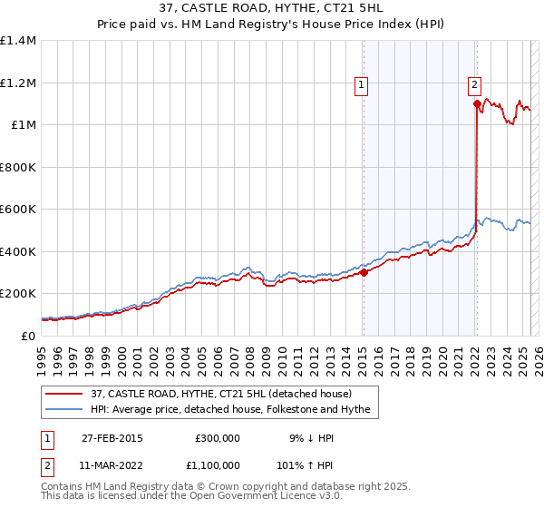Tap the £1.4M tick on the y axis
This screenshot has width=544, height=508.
pos(18,41)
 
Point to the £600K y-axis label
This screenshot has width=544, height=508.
pos(18,210)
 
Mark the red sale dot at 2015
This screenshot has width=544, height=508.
pos(363,272)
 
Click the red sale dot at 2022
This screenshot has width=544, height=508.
pos(476,103)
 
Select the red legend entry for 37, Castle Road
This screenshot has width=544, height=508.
pos(228,393)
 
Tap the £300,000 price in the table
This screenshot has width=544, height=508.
pos(217,438)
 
